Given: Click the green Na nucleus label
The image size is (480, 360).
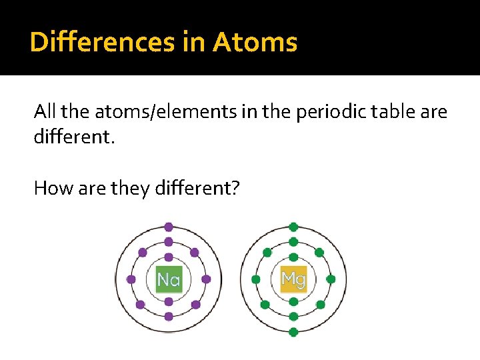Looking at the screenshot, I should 169,279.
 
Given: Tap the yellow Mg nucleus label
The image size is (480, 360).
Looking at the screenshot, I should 293,279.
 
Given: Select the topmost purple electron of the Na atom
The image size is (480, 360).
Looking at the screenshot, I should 169,227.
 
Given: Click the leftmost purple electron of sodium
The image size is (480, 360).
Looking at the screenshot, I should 131,279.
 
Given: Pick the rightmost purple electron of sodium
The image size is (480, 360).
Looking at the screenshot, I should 207,279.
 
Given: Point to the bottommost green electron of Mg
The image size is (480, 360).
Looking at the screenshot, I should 293,331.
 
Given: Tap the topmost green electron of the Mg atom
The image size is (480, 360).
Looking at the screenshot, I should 293,227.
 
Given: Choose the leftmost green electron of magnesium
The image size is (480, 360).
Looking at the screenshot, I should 255,279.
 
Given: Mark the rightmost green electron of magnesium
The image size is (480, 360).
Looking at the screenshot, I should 331,279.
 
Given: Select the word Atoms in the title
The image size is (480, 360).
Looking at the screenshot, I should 255,43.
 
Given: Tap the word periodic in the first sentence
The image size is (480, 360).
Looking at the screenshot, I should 328,112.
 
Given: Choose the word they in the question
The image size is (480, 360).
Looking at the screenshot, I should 129,189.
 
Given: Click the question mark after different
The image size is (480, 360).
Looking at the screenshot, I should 235,189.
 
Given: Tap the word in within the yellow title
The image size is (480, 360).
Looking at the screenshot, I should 194,43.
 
